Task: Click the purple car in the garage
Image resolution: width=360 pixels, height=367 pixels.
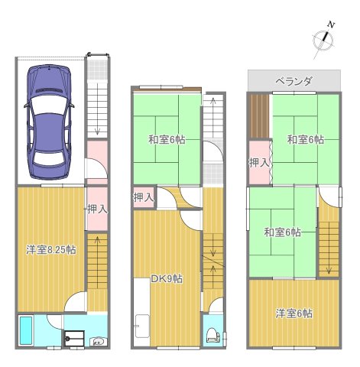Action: click(x=48, y=119)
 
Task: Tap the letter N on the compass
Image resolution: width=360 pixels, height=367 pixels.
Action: click(x=332, y=24)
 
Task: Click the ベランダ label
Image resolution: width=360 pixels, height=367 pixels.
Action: click(x=294, y=80)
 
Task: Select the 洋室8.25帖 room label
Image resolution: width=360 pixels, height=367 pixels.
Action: click(x=50, y=248)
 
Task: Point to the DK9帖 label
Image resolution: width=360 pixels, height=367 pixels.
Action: click(x=166, y=278)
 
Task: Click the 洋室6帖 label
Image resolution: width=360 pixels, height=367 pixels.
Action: click(x=294, y=312)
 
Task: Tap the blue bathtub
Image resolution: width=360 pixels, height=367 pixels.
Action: click(x=26, y=331)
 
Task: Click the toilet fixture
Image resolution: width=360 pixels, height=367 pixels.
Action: click(x=212, y=334)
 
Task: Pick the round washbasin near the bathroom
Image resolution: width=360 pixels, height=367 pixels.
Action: click(x=98, y=341)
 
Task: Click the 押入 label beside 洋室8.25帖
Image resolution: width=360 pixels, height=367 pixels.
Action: click(x=96, y=208)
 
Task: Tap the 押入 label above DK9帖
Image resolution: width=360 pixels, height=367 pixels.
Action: click(x=143, y=198)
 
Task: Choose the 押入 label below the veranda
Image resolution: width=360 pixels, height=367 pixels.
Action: click(x=258, y=162)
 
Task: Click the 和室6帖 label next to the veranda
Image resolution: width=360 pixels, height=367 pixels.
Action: click(x=305, y=140)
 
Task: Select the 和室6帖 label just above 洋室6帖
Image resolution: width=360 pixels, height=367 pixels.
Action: click(x=282, y=232)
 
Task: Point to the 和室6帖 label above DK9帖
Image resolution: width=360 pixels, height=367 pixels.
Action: click(x=166, y=140)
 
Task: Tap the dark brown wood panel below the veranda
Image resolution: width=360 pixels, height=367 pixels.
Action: click(x=259, y=115)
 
